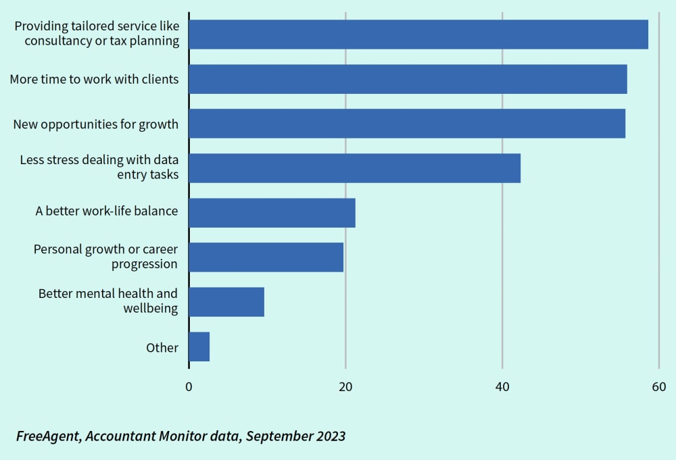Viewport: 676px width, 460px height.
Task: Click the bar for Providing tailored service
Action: [x=418, y=34]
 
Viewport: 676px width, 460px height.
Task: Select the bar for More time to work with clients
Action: [x=408, y=79]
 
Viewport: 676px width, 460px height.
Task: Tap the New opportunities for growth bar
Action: [x=406, y=124]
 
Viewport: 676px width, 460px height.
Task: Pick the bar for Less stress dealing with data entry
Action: [x=354, y=168]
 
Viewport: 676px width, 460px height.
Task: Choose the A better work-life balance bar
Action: [x=272, y=213]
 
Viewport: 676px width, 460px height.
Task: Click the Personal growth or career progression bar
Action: [x=266, y=257]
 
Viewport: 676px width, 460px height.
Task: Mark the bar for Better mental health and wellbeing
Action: [x=226, y=302]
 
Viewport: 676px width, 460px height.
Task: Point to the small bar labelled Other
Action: [x=199, y=347]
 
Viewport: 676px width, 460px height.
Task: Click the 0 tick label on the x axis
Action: [x=189, y=387]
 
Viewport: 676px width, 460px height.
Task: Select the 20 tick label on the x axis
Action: [x=345, y=387]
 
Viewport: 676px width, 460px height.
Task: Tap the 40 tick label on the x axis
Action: [x=502, y=387]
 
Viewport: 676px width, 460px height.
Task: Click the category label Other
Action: [x=162, y=348]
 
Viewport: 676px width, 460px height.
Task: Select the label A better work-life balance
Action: [x=107, y=211]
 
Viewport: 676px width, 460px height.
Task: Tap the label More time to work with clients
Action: [x=94, y=79]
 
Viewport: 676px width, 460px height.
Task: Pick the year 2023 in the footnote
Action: [x=329, y=436]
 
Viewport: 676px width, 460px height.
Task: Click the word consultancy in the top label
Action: [x=59, y=41]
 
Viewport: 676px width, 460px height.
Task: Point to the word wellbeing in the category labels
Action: [x=150, y=309]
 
